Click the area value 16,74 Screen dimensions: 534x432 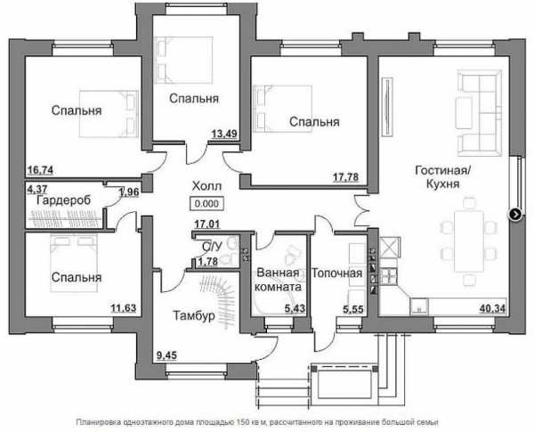point(41,170)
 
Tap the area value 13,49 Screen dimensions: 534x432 point(224,134)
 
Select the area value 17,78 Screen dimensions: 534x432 point(345,177)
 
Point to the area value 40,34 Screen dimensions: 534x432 point(492,308)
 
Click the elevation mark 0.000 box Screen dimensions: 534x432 point(206,204)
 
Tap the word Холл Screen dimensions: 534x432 point(206,186)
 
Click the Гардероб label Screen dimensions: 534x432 point(64,200)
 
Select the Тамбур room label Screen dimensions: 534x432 point(194,315)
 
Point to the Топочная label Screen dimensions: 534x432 point(336,273)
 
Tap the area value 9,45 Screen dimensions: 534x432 point(166,355)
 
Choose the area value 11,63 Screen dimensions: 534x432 point(124,308)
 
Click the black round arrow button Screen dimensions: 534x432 point(515,215)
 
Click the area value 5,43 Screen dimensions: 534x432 point(295,308)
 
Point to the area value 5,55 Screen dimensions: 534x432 point(353,309)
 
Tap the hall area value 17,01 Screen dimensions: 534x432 point(207,224)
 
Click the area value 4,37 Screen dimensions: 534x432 point(37,188)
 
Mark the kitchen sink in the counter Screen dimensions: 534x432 point(419,306)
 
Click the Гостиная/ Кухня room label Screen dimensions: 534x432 point(442,176)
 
